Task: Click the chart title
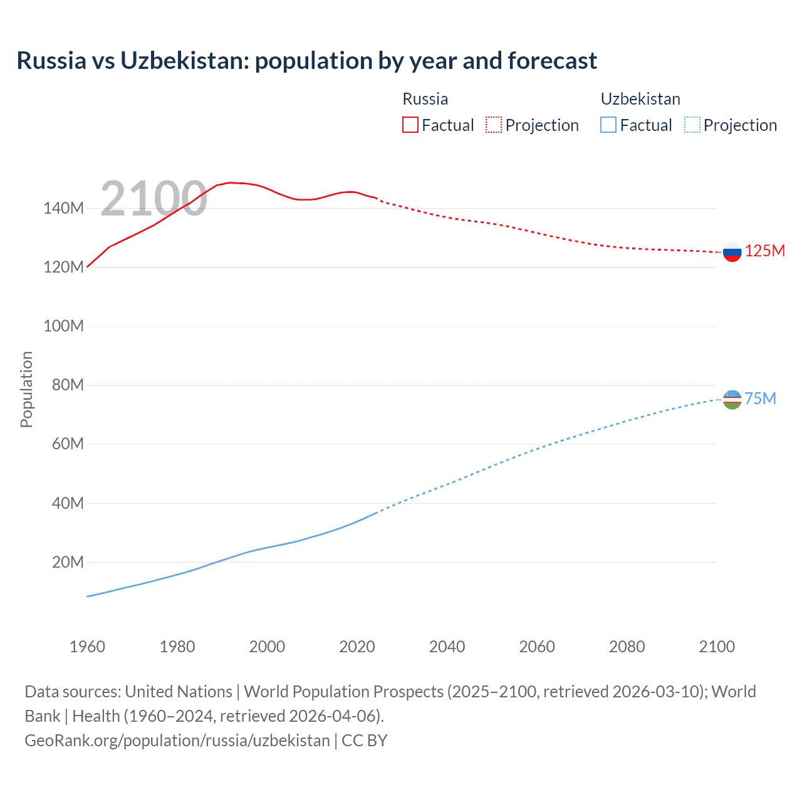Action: pyautogui.click(x=306, y=61)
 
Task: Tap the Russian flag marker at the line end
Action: pyautogui.click(x=732, y=252)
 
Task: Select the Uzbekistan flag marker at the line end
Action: pyautogui.click(x=732, y=399)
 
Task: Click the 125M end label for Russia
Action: pyautogui.click(x=764, y=251)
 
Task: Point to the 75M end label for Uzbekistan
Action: pyautogui.click(x=760, y=399)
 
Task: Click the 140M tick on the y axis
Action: pyautogui.click(x=63, y=209)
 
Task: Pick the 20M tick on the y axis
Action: pyautogui.click(x=67, y=562)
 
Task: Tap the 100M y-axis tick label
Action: pyautogui.click(x=63, y=326)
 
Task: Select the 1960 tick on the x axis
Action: pyautogui.click(x=87, y=647)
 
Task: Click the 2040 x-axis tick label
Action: pyautogui.click(x=447, y=647)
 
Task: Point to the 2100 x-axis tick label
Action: pyautogui.click(x=717, y=647)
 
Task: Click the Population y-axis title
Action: pyautogui.click(x=26, y=389)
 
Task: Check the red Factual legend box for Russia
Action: pyautogui.click(x=410, y=125)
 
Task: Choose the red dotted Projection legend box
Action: pyautogui.click(x=494, y=125)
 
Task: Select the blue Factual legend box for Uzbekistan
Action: pyautogui.click(x=608, y=125)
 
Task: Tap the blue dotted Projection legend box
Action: pyautogui.click(x=692, y=125)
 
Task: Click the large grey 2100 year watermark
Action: pyautogui.click(x=154, y=199)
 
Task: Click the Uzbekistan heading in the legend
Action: pyautogui.click(x=640, y=99)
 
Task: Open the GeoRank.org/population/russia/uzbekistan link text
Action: pyautogui.click(x=177, y=741)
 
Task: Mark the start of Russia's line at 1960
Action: pyautogui.click(x=88, y=267)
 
